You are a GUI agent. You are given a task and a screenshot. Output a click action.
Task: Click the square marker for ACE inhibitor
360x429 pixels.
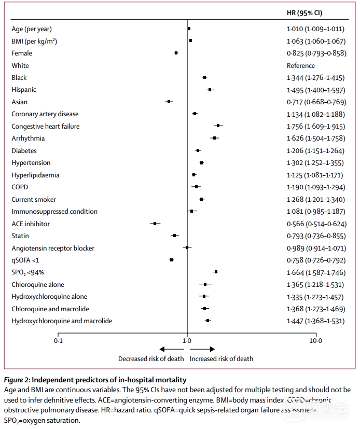click(x=155, y=224)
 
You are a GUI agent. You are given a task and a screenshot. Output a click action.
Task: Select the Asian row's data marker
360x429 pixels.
click(x=169, y=102)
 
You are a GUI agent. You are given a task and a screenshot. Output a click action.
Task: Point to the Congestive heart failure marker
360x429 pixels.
click(x=218, y=126)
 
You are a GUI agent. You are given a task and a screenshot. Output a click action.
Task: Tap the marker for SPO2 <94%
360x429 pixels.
click(x=216, y=272)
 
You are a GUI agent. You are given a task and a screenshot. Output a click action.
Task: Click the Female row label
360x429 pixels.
click(x=22, y=53)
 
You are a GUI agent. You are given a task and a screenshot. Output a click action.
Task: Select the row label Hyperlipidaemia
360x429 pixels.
click(x=35, y=175)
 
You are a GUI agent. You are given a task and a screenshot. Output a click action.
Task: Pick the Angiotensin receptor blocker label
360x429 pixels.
click(x=53, y=248)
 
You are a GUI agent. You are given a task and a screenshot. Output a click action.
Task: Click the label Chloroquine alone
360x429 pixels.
click(x=38, y=284)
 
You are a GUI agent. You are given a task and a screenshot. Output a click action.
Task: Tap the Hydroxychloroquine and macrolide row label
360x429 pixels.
click(x=62, y=321)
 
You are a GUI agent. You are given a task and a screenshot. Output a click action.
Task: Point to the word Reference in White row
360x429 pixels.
click(x=301, y=65)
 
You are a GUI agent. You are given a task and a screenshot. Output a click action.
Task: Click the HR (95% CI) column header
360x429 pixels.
click(x=308, y=12)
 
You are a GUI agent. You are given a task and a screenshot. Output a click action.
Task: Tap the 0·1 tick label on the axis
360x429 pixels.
click(x=58, y=341)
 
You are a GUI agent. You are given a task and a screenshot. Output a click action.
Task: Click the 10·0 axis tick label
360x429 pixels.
click(x=315, y=341)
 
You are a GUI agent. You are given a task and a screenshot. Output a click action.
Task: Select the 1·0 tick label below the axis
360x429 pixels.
click(x=187, y=341)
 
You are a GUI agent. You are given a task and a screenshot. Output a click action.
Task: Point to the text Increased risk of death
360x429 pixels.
click(x=221, y=358)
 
